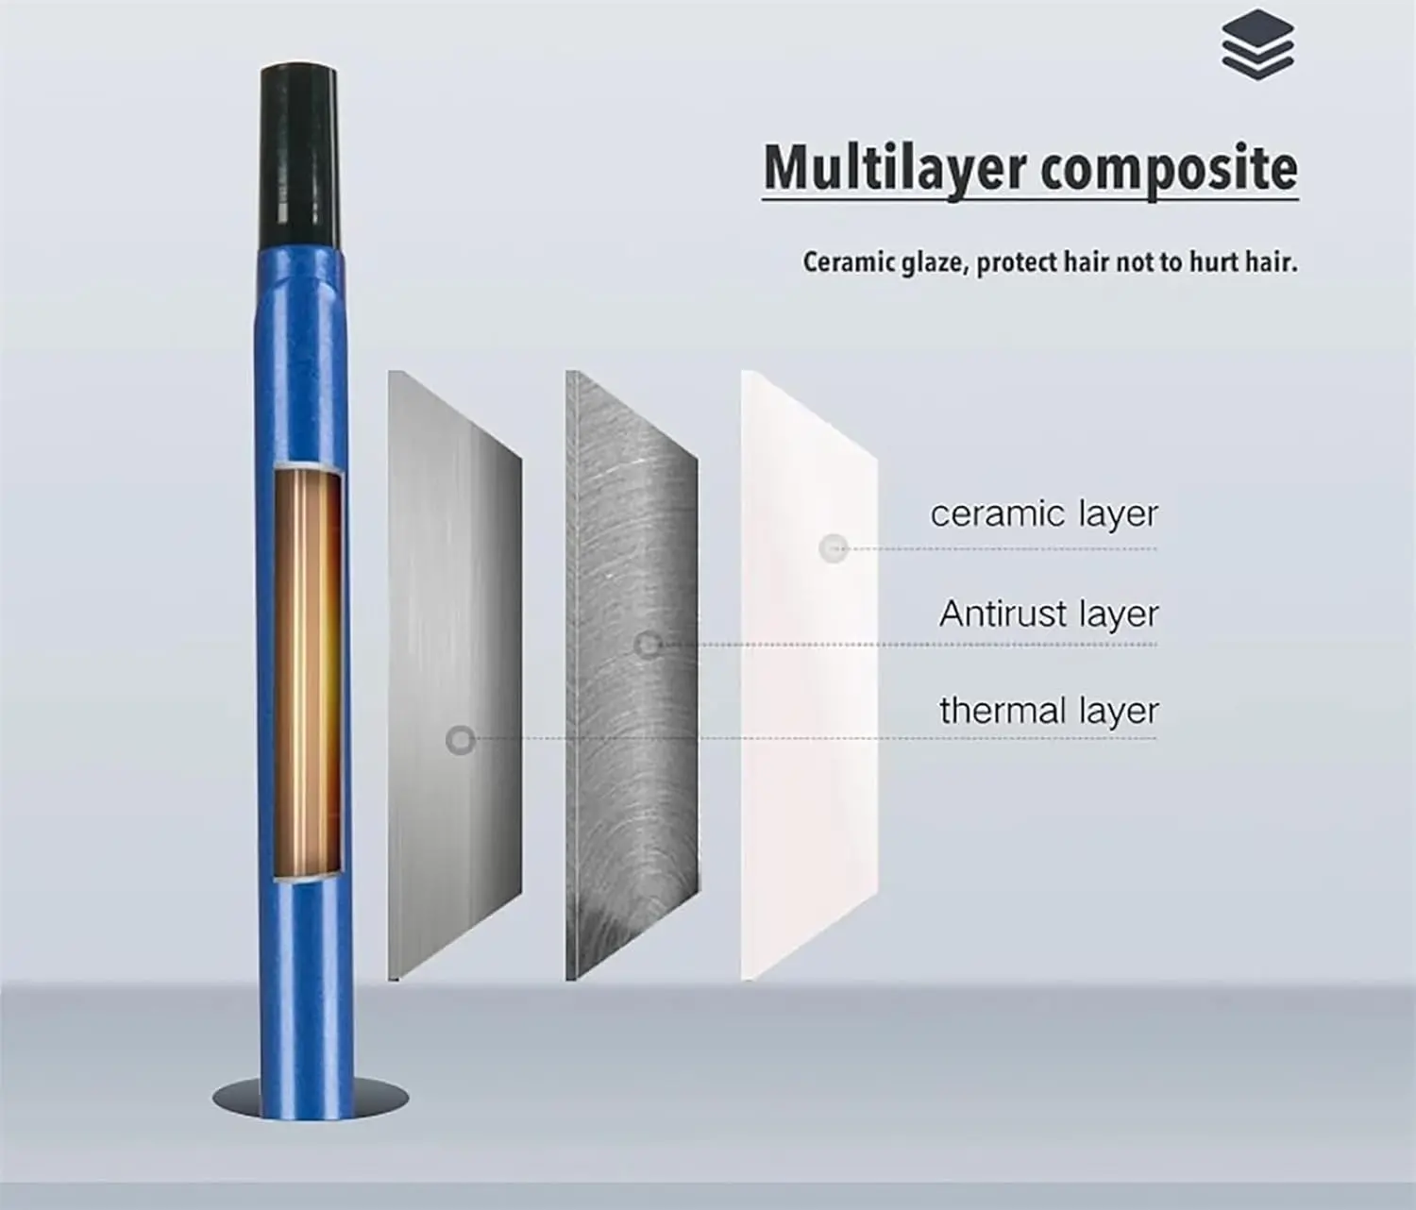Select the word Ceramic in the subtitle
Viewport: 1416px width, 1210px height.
coord(844,261)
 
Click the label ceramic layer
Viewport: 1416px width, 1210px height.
coord(1043,514)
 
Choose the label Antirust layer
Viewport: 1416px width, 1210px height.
coord(1048,614)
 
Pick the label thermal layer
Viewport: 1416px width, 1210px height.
coord(1048,711)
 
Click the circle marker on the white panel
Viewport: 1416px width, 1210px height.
coord(833,547)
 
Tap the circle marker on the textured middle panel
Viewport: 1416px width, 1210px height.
coord(647,646)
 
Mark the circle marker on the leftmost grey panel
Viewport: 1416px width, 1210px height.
coord(461,740)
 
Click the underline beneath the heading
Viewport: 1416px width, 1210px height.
coord(1030,199)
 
